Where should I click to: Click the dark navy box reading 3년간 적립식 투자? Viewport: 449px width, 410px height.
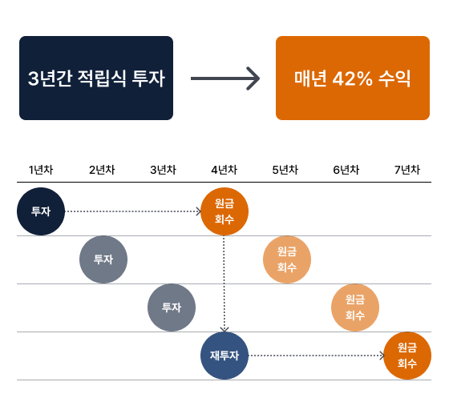point(96,78)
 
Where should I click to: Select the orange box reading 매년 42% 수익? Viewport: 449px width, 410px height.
point(353,78)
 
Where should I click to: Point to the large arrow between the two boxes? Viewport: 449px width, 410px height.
point(225,78)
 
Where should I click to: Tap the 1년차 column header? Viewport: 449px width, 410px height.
point(41,170)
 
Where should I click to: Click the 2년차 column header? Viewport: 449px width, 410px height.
point(102,170)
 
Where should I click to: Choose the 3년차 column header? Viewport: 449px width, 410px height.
point(164,170)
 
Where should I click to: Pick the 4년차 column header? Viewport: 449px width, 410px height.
point(224,170)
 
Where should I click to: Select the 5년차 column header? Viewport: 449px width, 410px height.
point(285,170)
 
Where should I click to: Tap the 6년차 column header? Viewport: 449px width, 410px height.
point(346,170)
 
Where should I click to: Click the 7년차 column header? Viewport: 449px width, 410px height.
point(407,170)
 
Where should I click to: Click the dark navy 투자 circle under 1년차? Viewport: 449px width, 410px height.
point(41,211)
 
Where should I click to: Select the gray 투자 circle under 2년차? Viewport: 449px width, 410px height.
point(103,259)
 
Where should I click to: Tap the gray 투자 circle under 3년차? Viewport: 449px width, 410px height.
point(172,307)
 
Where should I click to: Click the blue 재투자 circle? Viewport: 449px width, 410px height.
point(224,356)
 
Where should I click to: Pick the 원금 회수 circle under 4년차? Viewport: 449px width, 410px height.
point(224,211)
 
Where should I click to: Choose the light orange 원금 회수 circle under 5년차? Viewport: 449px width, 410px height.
point(287,259)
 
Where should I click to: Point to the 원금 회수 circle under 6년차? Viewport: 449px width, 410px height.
point(355,307)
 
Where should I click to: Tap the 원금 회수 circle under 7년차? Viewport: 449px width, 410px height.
point(407,356)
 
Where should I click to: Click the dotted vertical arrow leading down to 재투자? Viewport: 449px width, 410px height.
point(224,283)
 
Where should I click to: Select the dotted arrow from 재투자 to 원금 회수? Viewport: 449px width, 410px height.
point(317,356)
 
